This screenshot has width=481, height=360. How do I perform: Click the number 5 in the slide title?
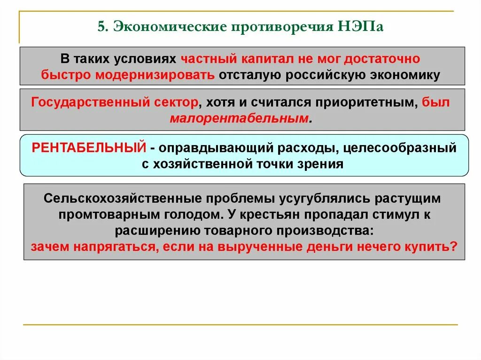(x=101, y=27)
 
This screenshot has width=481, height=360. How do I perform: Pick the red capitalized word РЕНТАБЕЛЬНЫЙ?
(x=89, y=148)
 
